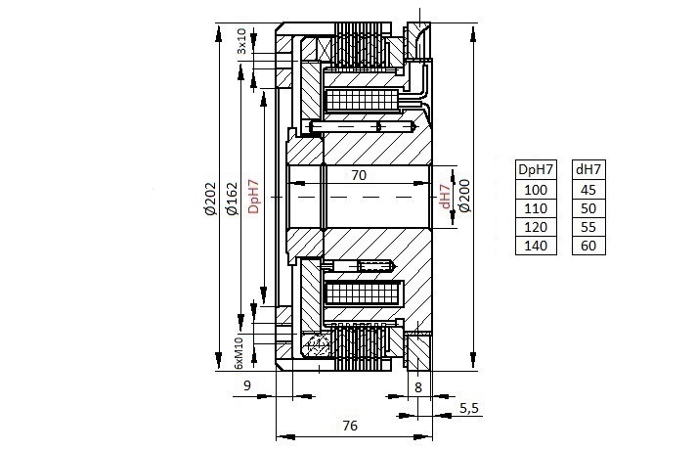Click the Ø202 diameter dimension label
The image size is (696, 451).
210,199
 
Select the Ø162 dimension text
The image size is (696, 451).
232,199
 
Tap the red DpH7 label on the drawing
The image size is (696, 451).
253,196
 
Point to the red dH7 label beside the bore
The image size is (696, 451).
445,196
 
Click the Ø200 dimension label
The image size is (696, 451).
464,196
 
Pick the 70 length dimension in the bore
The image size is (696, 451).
359,175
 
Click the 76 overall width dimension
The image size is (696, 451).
350,426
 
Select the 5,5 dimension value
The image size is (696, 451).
469,408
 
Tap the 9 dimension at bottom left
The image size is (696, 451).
247,385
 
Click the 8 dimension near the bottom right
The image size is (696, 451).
418,387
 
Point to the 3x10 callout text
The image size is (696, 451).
241,41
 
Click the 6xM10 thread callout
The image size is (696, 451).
239,353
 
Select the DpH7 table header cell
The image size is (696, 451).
536,169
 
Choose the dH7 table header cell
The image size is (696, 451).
588,169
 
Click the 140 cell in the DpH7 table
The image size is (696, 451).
536,246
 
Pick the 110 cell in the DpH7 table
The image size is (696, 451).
536,208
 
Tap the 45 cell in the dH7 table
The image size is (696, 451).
588,190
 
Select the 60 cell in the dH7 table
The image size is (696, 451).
588,246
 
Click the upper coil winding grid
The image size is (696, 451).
363,101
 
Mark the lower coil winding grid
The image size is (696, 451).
364,293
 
